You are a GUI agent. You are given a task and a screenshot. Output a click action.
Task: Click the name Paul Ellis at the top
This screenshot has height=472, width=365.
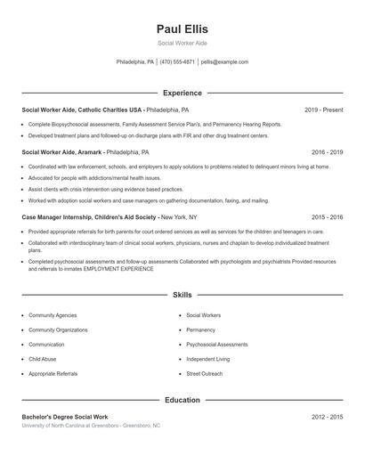coord(182,29)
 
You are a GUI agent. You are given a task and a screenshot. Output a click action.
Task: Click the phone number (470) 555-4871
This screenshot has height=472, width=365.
coord(177,62)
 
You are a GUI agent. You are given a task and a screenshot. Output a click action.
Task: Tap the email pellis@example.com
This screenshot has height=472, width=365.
coord(224,62)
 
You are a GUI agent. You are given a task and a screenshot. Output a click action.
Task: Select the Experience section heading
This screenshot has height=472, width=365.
coord(182,93)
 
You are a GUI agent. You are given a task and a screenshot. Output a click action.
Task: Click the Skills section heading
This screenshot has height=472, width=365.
coord(182,294)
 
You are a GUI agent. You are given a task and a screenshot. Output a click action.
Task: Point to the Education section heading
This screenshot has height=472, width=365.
coord(182,400)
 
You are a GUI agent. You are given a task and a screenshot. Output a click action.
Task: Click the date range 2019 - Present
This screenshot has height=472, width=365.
coord(323,110)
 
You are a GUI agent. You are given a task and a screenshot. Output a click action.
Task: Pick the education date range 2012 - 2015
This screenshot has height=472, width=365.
coord(327,417)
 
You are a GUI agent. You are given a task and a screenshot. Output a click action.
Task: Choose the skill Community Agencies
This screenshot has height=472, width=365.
coord(53,315)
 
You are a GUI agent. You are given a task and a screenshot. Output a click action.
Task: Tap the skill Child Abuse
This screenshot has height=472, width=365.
coord(42,359)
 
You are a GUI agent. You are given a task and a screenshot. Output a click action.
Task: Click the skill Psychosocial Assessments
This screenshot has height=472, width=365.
coord(217,345)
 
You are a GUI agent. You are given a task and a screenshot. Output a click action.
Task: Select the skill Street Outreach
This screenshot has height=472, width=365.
coord(205,373)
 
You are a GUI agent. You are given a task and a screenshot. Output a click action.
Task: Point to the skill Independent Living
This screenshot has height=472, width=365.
coord(208,359)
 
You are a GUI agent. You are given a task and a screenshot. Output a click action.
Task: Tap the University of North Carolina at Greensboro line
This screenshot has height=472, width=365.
coord(91,426)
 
